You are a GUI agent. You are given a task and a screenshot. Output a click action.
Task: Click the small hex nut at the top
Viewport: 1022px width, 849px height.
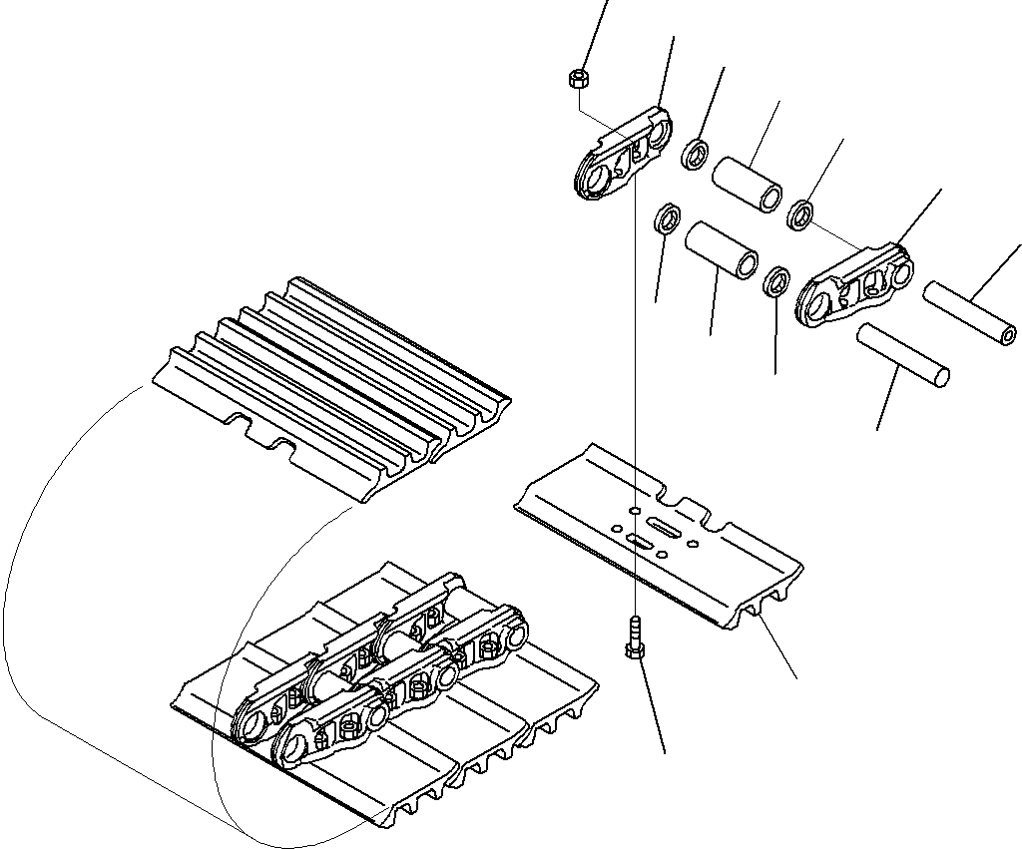(578, 78)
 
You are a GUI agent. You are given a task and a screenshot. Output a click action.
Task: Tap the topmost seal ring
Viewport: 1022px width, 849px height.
(696, 154)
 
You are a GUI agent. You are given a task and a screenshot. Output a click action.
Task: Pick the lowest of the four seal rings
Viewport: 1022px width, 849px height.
(776, 282)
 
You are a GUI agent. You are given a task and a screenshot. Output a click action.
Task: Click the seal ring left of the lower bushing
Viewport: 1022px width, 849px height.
(666, 217)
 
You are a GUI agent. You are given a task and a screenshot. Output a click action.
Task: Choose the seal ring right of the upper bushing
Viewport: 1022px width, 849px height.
(800, 214)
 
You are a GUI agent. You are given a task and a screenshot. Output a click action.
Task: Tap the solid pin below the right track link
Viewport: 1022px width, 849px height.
(902, 354)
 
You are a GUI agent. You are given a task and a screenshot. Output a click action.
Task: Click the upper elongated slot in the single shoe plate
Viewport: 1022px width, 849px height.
(664, 525)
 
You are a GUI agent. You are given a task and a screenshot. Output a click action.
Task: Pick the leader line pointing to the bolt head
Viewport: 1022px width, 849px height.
(653, 703)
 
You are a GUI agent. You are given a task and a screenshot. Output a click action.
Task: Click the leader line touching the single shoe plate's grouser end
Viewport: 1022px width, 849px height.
(778, 648)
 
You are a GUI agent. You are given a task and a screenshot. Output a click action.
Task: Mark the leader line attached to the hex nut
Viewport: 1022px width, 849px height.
(594, 35)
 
